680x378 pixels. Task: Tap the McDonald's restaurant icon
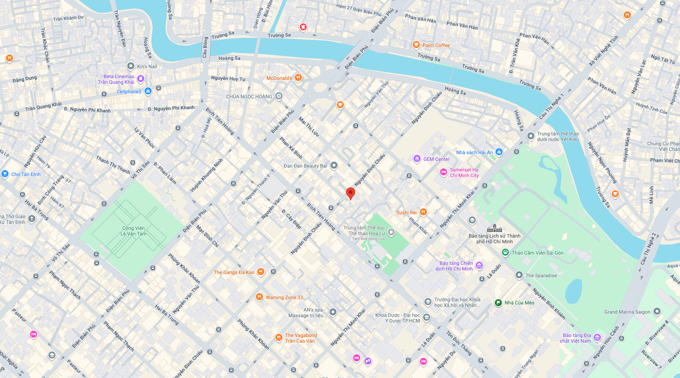click(298, 78)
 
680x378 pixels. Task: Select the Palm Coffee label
click(436, 45)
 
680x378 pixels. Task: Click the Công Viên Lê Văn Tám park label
click(133, 231)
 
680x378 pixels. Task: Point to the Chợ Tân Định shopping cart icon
click(5, 174)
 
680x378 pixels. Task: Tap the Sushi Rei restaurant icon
click(423, 212)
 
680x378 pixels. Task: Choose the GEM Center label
click(436, 159)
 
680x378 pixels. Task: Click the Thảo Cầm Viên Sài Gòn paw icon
click(505, 252)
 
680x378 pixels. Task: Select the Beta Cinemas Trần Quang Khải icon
click(141, 78)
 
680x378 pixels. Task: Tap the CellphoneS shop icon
click(148, 91)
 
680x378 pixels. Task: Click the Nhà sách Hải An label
click(474, 152)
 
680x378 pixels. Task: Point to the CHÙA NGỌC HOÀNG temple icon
click(279, 96)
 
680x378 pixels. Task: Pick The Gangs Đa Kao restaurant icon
click(260, 272)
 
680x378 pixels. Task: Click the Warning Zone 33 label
click(284, 297)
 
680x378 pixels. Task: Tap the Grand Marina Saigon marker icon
click(657, 312)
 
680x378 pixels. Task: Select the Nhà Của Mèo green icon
click(498, 303)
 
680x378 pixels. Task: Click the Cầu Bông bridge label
click(205, 47)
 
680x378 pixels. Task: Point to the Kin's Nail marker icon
click(131, 66)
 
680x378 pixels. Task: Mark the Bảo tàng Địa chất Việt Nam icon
click(597, 338)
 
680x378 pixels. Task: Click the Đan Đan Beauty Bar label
click(305, 166)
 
